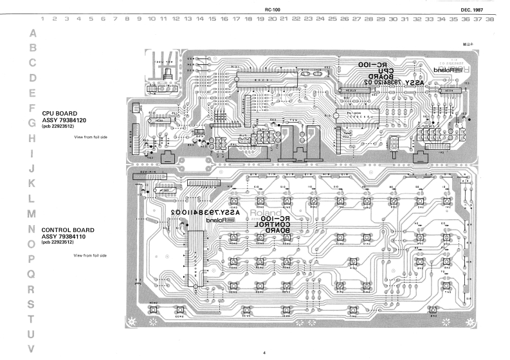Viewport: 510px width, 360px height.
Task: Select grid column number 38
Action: (x=490, y=20)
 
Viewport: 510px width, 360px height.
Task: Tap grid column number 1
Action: (x=43, y=20)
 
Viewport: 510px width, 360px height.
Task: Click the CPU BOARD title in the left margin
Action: (x=62, y=113)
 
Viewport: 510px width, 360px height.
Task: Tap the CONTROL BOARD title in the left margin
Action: (x=68, y=230)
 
